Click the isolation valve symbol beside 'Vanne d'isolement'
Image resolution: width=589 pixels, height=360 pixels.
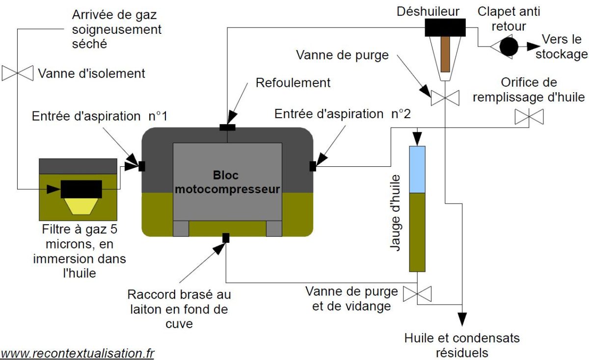(18, 73)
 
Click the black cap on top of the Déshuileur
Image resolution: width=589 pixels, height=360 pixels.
(445, 27)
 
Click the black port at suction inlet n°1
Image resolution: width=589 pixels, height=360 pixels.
(142, 166)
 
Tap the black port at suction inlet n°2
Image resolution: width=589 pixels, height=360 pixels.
(313, 166)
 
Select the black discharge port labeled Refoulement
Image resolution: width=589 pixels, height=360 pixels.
(228, 128)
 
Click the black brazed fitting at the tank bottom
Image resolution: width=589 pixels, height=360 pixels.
(226, 238)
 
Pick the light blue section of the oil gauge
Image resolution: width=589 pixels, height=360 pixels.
(417, 169)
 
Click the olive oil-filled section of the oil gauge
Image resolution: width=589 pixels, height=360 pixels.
(417, 232)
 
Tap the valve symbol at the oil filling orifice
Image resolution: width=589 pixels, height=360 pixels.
(529, 117)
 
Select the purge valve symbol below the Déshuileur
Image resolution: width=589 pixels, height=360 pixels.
(445, 98)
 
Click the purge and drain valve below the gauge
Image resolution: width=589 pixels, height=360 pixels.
(417, 294)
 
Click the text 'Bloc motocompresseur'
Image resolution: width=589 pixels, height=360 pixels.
(227, 181)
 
